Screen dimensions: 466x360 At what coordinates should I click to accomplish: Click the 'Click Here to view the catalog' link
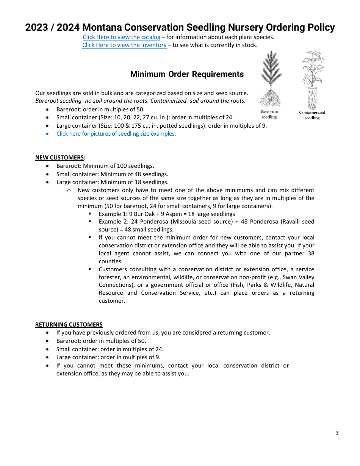coord(121,37)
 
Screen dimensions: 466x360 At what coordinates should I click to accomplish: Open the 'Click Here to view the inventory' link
coord(124,45)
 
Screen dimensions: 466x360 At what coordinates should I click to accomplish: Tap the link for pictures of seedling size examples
coord(116,134)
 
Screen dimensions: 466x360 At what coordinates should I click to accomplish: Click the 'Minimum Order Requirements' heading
coord(187,74)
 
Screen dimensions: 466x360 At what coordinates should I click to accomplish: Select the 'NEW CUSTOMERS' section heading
coord(59,158)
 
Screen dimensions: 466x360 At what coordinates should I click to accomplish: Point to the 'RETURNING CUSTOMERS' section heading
coord(69,325)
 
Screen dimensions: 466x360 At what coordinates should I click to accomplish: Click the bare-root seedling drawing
coord(270,80)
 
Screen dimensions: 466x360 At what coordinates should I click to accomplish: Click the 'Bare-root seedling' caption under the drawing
coord(269,114)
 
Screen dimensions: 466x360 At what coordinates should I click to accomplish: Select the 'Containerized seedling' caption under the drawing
coord(312,115)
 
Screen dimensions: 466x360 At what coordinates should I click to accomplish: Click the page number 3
coord(337,433)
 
